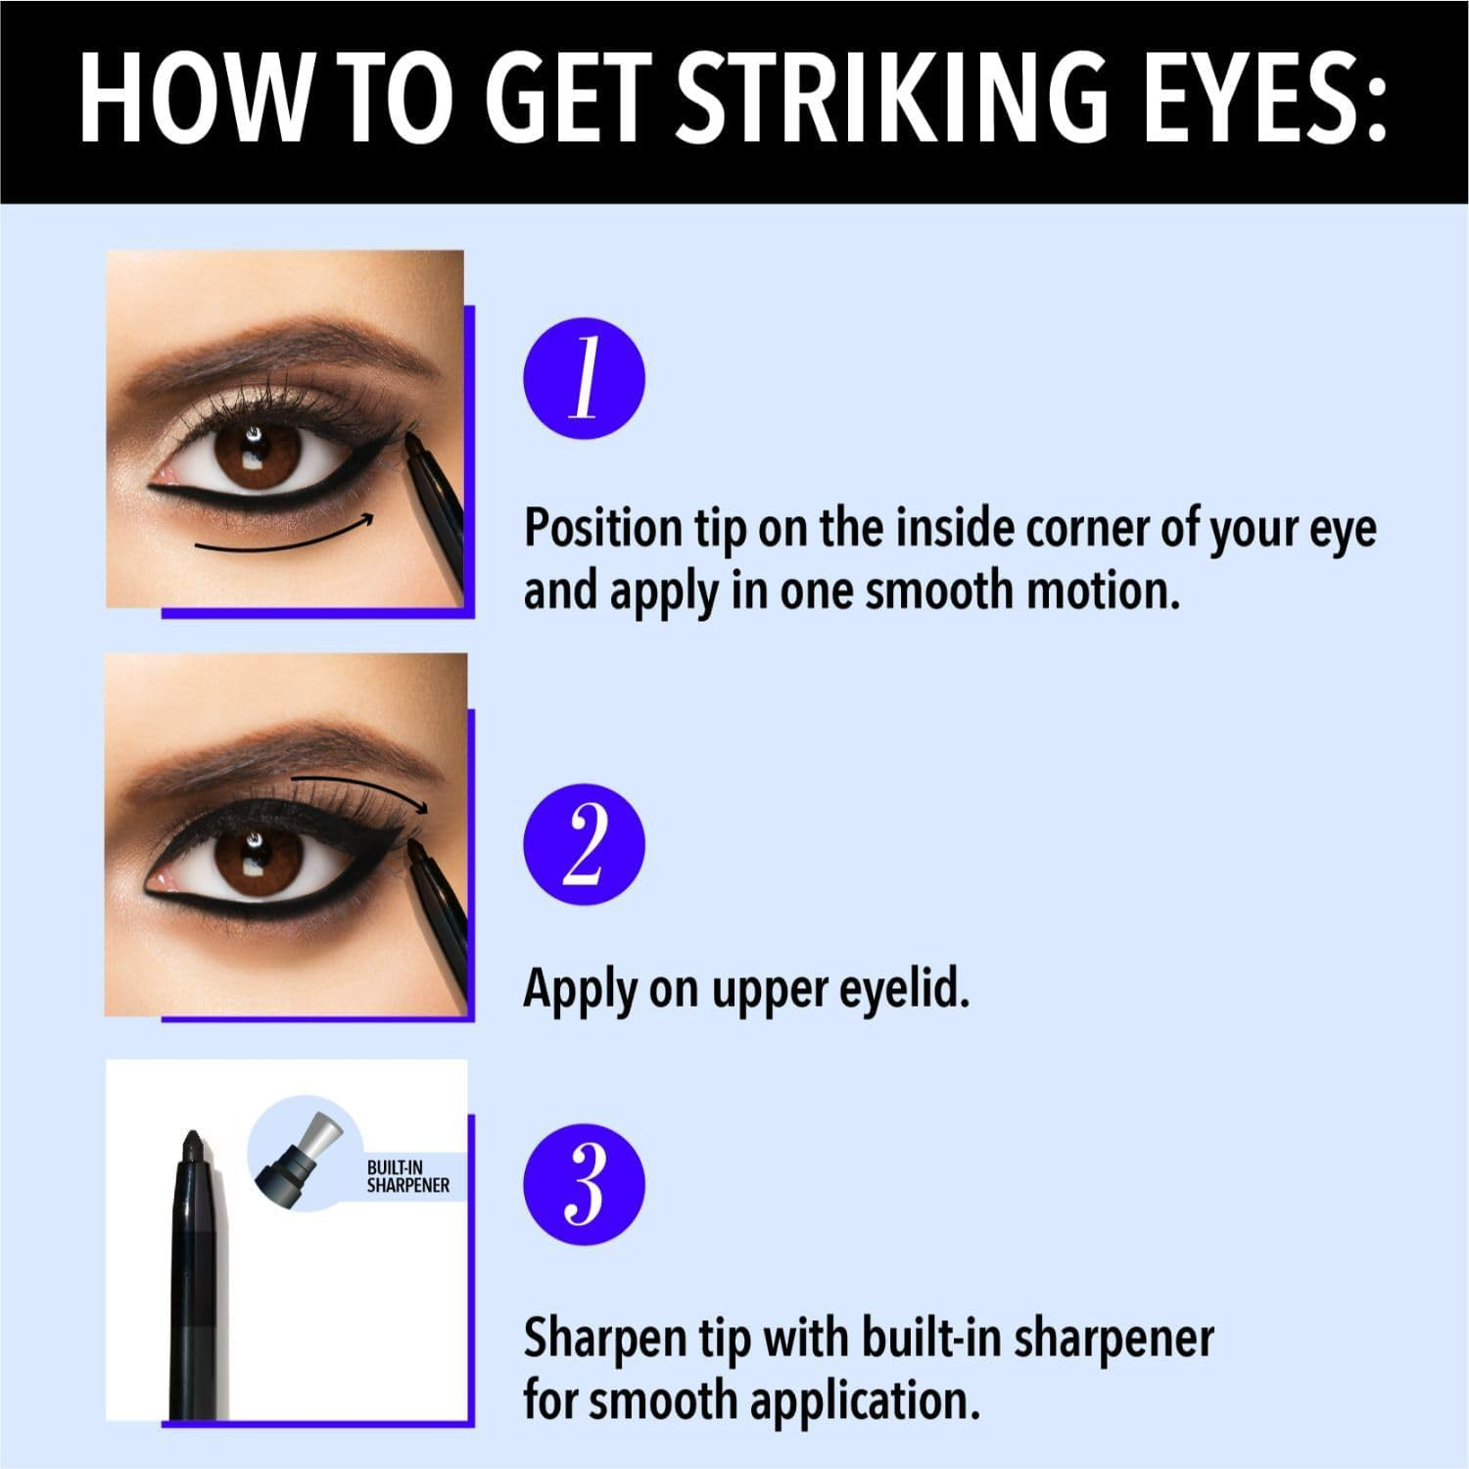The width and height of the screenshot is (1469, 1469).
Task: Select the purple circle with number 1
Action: tap(585, 379)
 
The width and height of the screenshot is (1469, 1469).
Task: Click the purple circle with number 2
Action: tap(585, 844)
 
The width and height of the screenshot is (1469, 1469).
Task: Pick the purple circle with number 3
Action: tap(585, 1184)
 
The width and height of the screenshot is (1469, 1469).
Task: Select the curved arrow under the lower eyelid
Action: tap(284, 539)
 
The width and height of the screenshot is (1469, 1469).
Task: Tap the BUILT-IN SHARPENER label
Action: tap(407, 1176)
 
